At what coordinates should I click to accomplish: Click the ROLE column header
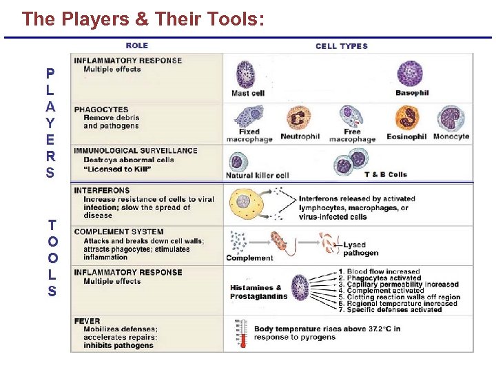[x=136, y=45]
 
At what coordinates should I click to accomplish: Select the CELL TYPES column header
[x=342, y=46]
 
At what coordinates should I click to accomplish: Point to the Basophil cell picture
[x=410, y=73]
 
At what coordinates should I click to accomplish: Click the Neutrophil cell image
[x=299, y=118]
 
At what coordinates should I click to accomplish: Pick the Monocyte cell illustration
[x=451, y=117]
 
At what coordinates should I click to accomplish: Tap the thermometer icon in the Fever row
[x=240, y=333]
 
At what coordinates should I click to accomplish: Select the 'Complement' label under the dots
[x=249, y=258]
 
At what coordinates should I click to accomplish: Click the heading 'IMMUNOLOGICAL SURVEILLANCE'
[x=136, y=151]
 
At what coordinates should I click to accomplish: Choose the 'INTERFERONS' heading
[x=101, y=190]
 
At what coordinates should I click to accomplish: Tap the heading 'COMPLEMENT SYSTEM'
[x=118, y=231]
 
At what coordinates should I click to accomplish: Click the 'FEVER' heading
[x=87, y=321]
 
